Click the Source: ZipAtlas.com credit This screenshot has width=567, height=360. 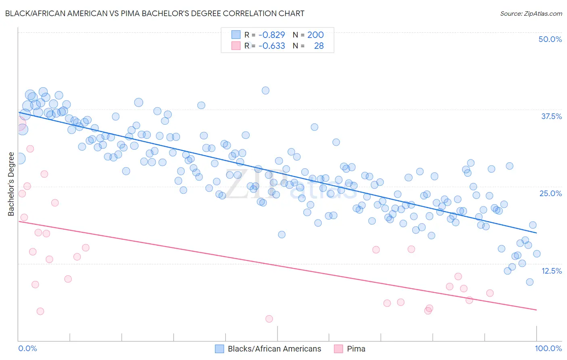531,13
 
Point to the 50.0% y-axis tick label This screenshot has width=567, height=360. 550,39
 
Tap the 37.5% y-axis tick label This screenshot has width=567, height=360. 551,116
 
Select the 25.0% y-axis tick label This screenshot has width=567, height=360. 550,193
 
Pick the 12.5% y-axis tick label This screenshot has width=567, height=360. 551,271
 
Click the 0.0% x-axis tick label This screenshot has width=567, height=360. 27,348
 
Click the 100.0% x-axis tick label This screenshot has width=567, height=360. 548,348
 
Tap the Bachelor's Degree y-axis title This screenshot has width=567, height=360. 11,184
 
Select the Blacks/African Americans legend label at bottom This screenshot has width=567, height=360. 274,349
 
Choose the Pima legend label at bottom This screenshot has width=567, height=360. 356,349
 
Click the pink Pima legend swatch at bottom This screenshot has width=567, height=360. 338,349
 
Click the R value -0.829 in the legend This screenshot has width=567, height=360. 272,35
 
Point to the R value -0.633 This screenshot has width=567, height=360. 272,46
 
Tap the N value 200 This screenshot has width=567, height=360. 315,35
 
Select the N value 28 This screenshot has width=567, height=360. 319,46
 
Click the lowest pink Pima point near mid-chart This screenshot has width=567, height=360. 269,319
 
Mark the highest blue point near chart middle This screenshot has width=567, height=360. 265,90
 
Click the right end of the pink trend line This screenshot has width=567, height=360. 536,310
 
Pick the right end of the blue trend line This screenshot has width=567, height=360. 536,233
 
